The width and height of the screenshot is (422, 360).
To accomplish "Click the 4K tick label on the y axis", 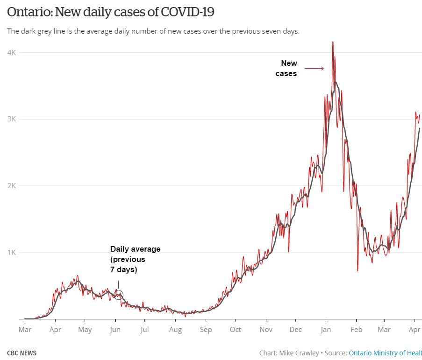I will point(11,53).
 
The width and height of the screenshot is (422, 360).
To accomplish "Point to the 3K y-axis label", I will point(11,119).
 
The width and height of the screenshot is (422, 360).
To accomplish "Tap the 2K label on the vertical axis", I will point(11,186).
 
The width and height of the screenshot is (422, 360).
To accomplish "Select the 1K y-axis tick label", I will point(11,253).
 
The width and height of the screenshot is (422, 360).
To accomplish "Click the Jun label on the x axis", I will point(115,330).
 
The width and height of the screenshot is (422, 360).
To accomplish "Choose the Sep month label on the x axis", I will point(206,330).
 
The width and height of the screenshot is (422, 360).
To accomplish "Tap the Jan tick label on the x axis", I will point(326,330).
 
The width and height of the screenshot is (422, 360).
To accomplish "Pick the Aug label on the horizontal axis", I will point(175,330).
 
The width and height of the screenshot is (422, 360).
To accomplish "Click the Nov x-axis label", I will point(266,330).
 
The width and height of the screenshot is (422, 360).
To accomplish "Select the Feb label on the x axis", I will point(356,330).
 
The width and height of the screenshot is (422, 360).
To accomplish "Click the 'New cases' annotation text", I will point(288,68).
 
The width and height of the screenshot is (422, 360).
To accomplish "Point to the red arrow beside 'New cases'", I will point(315,69).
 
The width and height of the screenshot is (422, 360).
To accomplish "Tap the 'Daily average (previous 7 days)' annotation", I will point(135,260).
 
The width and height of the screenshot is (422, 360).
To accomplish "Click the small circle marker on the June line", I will point(119,295).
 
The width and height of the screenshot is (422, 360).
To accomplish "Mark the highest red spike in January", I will point(333,43).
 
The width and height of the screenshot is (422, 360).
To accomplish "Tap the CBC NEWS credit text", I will point(21,353).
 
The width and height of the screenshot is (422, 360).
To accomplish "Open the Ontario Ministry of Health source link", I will point(385,353).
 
